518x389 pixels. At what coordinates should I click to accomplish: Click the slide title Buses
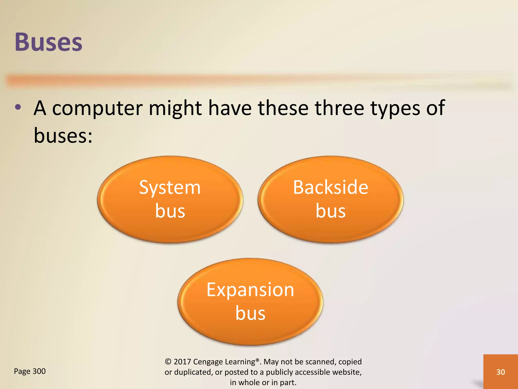pyautogui.click(x=49, y=42)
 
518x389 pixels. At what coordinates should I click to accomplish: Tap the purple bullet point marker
pyautogui.click(x=18, y=107)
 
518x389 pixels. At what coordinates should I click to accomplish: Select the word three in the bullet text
pyautogui.click(x=339, y=108)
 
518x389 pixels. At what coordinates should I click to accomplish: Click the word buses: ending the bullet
pyautogui.click(x=63, y=135)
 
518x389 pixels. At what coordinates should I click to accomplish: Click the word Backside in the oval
pyautogui.click(x=330, y=187)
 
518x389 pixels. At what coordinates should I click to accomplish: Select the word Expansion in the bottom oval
pyautogui.click(x=250, y=290)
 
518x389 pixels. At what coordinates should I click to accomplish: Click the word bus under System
pyautogui.click(x=170, y=211)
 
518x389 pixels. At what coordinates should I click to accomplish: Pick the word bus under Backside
pyautogui.click(x=330, y=211)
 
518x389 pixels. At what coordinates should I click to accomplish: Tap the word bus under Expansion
pyautogui.click(x=250, y=313)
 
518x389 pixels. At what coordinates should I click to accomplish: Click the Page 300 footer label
pyautogui.click(x=30, y=371)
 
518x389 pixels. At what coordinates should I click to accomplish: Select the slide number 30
pyautogui.click(x=501, y=372)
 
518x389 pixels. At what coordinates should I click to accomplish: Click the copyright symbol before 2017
pyautogui.click(x=168, y=362)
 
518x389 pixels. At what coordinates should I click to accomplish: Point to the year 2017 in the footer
pyautogui.click(x=182, y=362)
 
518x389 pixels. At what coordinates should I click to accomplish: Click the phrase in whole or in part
pyautogui.click(x=263, y=382)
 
